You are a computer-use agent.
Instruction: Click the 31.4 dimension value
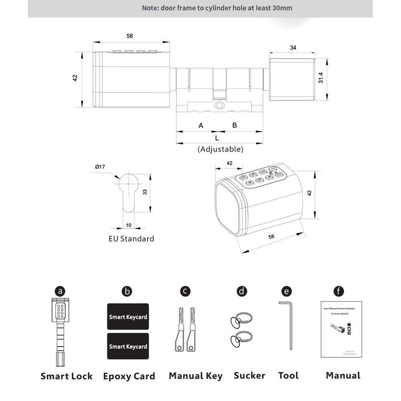click(x=321, y=78)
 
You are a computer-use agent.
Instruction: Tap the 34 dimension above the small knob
click(x=293, y=48)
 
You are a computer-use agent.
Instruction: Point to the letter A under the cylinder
click(x=201, y=126)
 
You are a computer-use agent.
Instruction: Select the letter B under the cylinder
click(x=235, y=125)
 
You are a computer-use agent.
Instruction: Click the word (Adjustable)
click(x=220, y=149)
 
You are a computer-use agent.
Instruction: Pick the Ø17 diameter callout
click(x=100, y=167)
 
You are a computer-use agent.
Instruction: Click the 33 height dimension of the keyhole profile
click(x=145, y=192)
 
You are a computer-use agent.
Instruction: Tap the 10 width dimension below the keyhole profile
click(x=128, y=225)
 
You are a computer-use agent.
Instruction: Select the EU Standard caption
click(x=131, y=239)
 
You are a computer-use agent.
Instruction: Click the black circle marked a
click(x=60, y=291)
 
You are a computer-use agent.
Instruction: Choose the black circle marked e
click(x=287, y=291)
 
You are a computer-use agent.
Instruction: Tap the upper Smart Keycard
click(x=128, y=316)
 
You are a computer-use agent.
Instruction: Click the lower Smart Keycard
click(x=128, y=346)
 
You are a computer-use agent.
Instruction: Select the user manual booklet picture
click(x=342, y=329)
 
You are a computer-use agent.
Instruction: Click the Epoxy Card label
click(x=129, y=376)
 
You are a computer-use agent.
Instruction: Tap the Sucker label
click(x=249, y=375)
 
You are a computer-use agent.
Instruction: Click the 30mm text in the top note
click(x=283, y=8)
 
